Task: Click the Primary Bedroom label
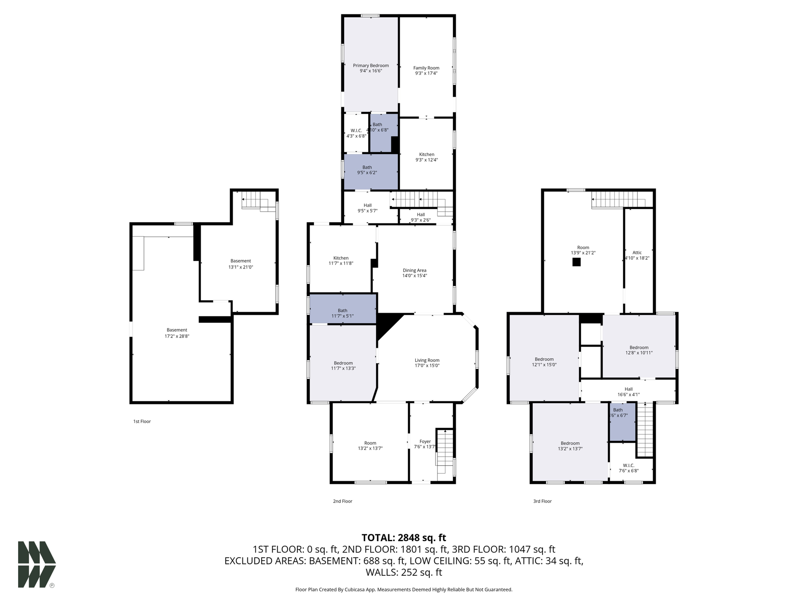tap(371, 66)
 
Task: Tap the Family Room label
tap(426, 68)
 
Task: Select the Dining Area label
tap(415, 270)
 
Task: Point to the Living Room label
tap(427, 360)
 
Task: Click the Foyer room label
tap(425, 441)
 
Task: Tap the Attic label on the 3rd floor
tap(637, 252)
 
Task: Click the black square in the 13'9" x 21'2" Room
tap(577, 262)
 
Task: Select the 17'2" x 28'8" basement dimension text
tap(177, 336)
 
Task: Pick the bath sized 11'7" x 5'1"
tap(343, 308)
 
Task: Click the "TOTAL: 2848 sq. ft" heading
tap(404, 538)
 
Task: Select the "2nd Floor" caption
tap(343, 501)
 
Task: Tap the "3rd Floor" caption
tap(542, 501)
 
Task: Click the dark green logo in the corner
tap(37, 564)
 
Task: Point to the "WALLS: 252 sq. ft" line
tap(404, 572)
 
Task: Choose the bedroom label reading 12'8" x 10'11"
tap(639, 350)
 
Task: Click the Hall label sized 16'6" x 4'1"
tap(629, 392)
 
